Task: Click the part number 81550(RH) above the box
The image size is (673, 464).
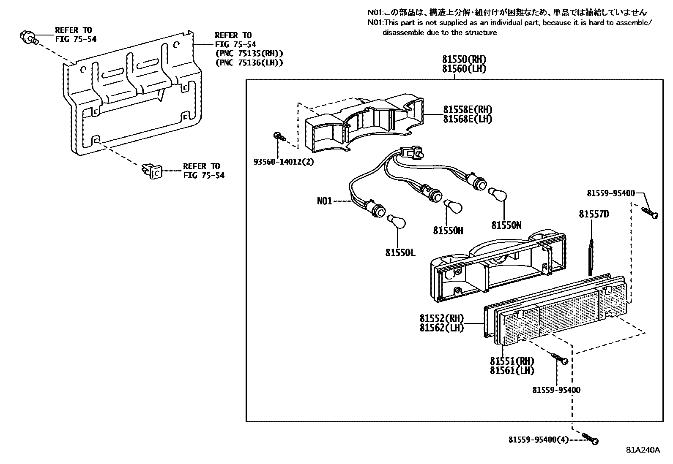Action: pyautogui.click(x=464, y=60)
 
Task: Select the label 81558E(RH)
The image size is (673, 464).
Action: pyautogui.click(x=467, y=110)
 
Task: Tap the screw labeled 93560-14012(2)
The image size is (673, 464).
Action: pyautogui.click(x=279, y=136)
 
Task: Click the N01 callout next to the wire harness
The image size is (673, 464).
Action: pyautogui.click(x=325, y=201)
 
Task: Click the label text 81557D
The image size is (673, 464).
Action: pyautogui.click(x=594, y=214)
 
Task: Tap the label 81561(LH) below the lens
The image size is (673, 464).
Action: pyautogui.click(x=512, y=371)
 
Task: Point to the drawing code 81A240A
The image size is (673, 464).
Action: pyautogui.click(x=643, y=450)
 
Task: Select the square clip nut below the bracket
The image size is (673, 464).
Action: pyautogui.click(x=152, y=171)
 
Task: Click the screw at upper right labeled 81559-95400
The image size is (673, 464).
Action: pyautogui.click(x=650, y=212)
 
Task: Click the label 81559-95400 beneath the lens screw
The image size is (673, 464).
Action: pyautogui.click(x=556, y=390)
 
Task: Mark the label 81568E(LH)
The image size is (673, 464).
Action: pyautogui.click(x=467, y=119)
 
